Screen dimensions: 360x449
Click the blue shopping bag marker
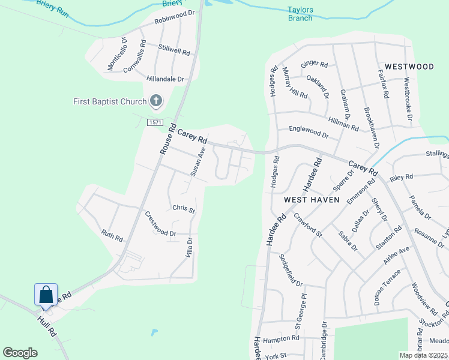point(46,295)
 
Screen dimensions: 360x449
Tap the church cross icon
point(156,101)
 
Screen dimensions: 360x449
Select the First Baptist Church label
point(110,101)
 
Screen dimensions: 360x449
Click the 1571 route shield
point(155,122)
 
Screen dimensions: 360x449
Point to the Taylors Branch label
point(300,14)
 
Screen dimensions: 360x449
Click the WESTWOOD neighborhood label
point(409,67)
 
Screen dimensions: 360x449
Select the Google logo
point(20,353)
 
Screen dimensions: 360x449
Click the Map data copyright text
point(424,355)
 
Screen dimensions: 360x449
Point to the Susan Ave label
point(198,161)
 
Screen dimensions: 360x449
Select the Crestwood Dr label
point(160,224)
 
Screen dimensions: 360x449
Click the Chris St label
point(184,209)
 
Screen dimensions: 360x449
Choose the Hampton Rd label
point(281,338)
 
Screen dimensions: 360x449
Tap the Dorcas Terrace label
point(387,293)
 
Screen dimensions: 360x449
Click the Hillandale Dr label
point(165,79)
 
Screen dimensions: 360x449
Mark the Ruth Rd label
point(112,235)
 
